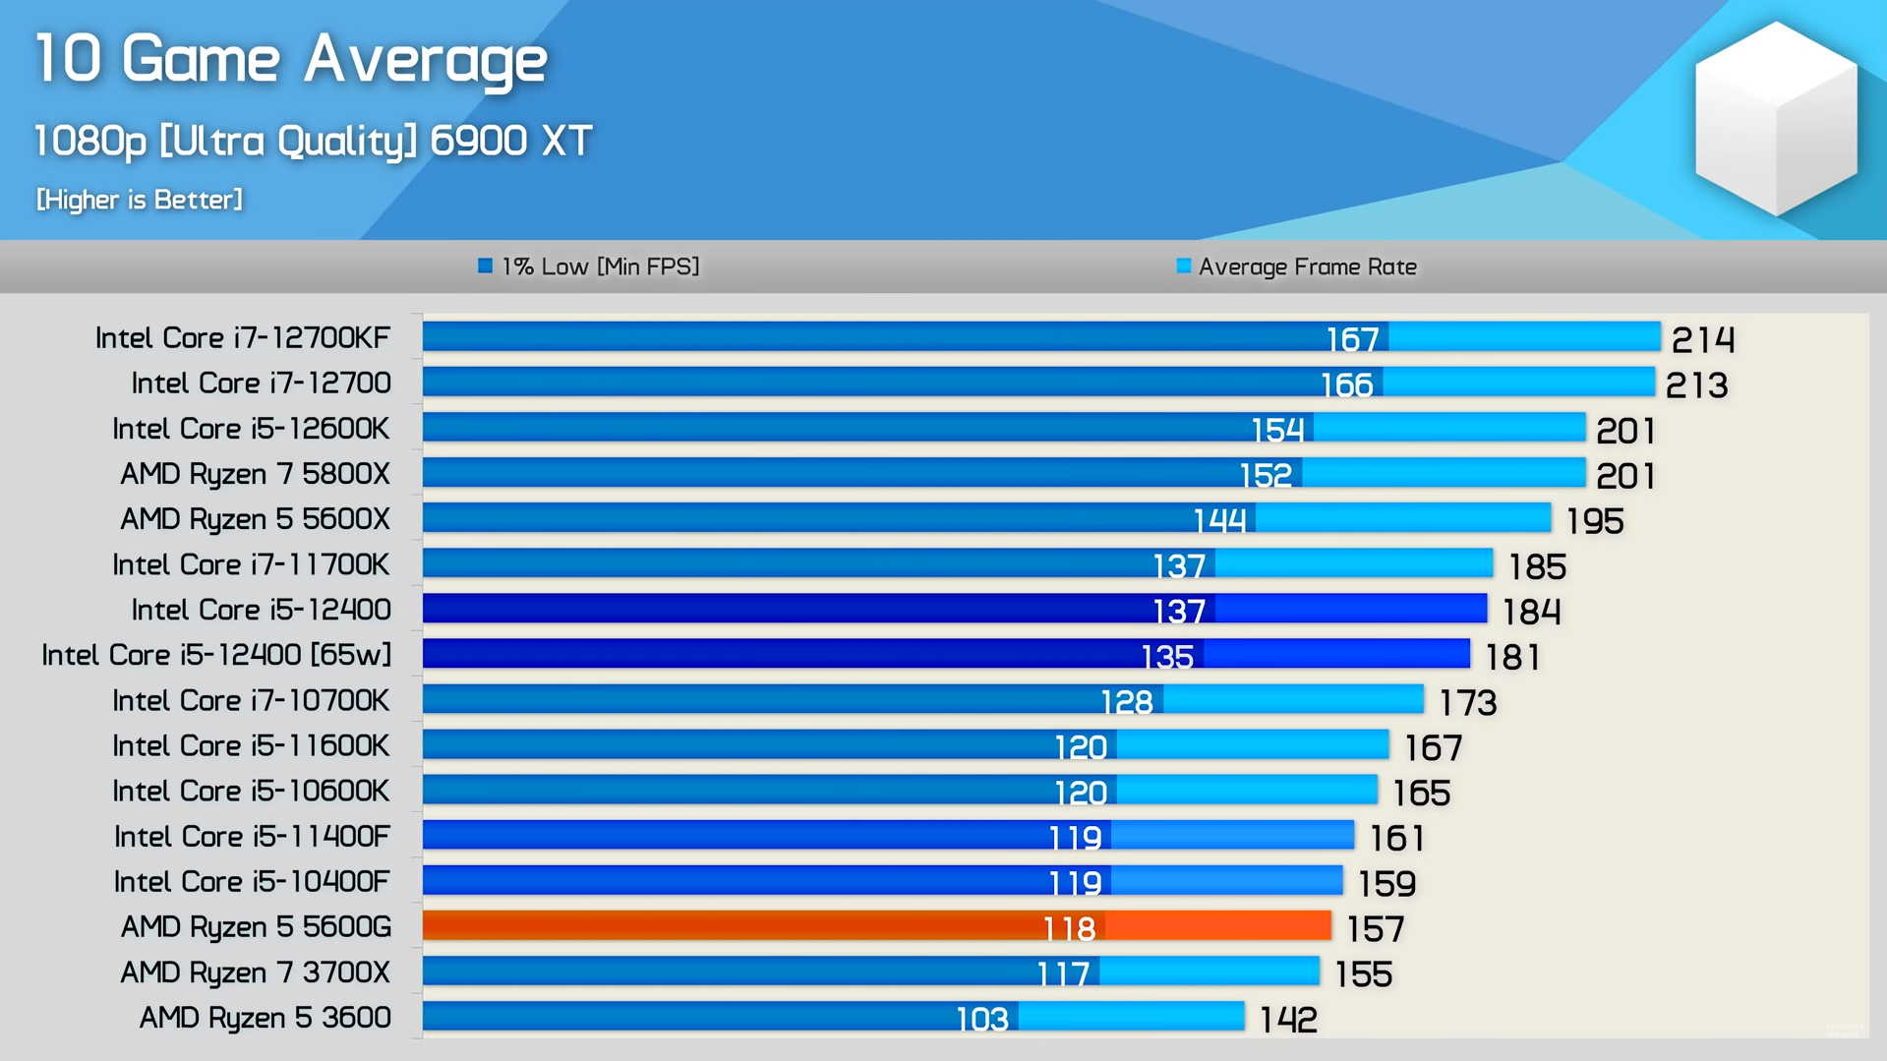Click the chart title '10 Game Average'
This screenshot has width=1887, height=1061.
[291, 59]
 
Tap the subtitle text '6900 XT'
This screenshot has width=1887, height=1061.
[510, 141]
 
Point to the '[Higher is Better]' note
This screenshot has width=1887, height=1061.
[140, 200]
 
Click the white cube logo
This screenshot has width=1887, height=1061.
[1776, 119]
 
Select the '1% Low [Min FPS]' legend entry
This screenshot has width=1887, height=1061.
[588, 266]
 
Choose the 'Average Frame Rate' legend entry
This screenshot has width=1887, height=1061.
[1296, 266]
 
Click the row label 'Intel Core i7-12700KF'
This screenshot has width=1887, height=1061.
[243, 338]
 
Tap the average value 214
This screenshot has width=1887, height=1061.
[1703, 340]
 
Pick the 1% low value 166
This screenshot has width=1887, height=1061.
[1346, 384]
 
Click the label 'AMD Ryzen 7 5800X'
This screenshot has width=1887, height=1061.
[255, 474]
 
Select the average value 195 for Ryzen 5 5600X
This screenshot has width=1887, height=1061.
[1594, 521]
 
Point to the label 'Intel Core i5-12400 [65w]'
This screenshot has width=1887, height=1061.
[216, 655]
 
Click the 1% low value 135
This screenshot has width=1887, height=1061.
[1167, 656]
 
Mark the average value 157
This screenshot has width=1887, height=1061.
[1375, 928]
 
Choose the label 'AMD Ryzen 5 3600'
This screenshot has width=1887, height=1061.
[265, 1018]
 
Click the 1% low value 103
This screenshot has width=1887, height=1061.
[982, 1020]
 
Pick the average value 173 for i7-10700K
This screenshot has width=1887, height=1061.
[1467, 703]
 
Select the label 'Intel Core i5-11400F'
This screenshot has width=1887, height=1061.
[252, 837]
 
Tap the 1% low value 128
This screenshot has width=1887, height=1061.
[1126, 702]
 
